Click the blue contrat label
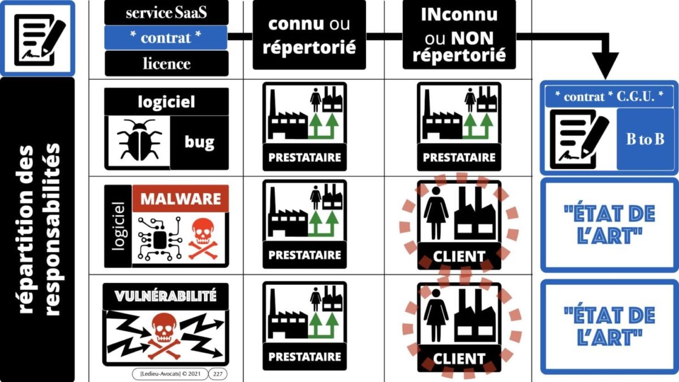166,37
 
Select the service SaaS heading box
166,12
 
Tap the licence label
166,63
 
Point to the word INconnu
459,14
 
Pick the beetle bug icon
139,140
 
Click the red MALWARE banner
181,199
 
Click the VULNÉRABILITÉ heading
166,296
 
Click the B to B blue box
646,139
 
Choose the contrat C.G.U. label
609,97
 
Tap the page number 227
218,374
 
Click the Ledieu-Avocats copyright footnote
170,374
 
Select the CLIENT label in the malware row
459,256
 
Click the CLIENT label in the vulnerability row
459,359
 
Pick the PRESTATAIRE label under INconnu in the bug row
459,157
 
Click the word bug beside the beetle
199,142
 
